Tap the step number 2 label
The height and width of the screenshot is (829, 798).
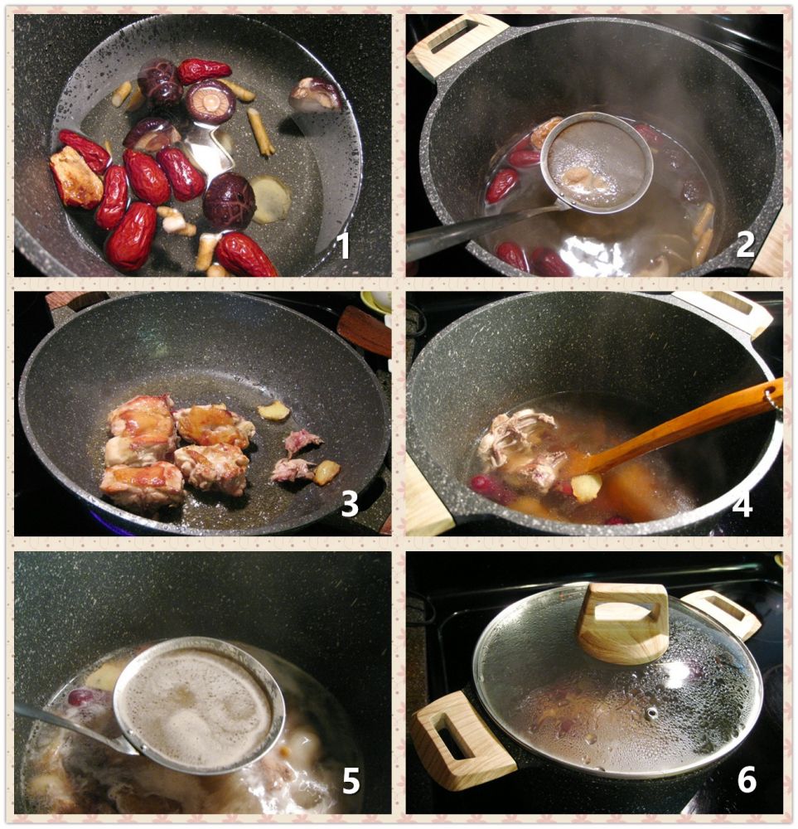pos(745,244)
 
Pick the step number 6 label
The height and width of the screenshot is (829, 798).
pos(747,778)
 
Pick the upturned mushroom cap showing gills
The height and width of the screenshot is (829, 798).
pos(210,101)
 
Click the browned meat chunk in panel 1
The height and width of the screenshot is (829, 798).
pos(76,177)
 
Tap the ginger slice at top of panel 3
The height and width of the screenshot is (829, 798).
pos(273,410)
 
